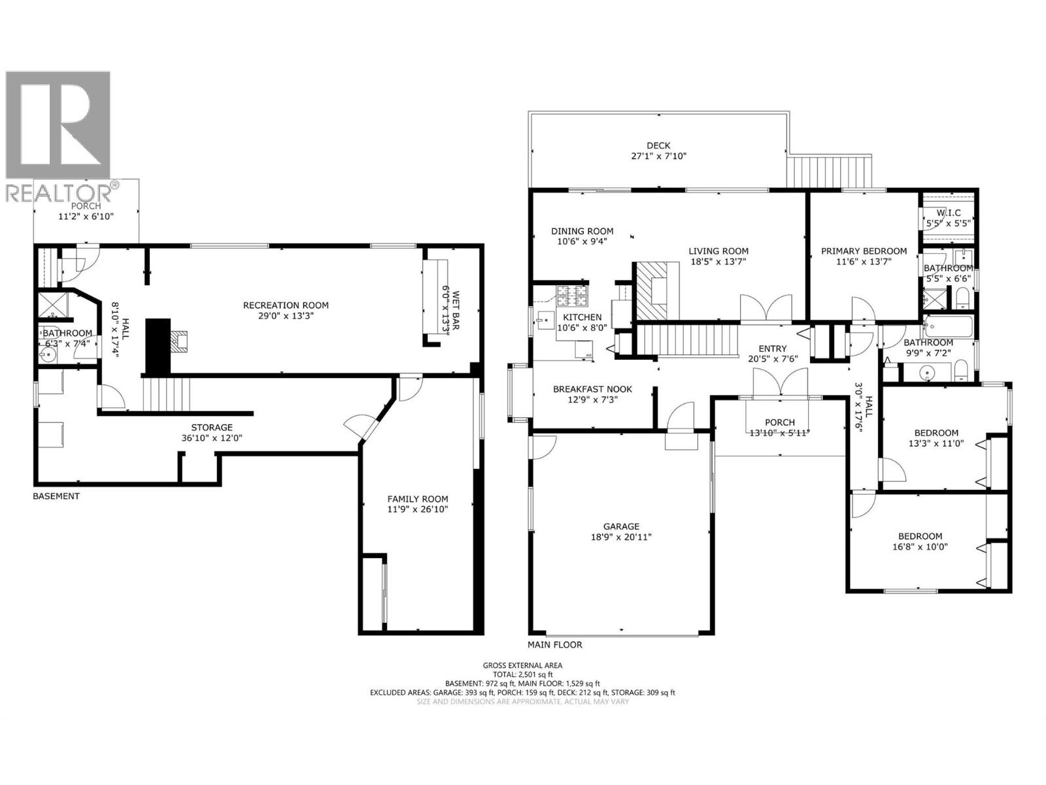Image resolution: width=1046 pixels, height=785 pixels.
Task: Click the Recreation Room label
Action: [286, 305]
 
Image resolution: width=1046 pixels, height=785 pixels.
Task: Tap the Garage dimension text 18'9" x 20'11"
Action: [621, 537]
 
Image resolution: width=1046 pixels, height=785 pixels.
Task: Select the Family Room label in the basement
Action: [418, 498]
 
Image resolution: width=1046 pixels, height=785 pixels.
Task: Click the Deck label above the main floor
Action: [658, 145]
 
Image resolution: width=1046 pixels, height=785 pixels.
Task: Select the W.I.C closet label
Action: [948, 213]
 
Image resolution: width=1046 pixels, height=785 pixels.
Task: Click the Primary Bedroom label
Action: [864, 251]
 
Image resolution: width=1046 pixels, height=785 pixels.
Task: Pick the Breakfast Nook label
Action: [592, 389]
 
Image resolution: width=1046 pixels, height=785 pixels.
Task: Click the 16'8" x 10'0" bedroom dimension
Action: [920, 547]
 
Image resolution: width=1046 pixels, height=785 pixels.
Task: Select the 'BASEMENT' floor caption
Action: [56, 496]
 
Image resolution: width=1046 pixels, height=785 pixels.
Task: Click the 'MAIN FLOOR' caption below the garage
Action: [555, 644]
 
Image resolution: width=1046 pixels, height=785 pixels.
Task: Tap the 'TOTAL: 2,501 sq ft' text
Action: [522, 674]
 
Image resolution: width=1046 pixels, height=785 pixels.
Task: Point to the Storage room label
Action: [212, 427]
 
